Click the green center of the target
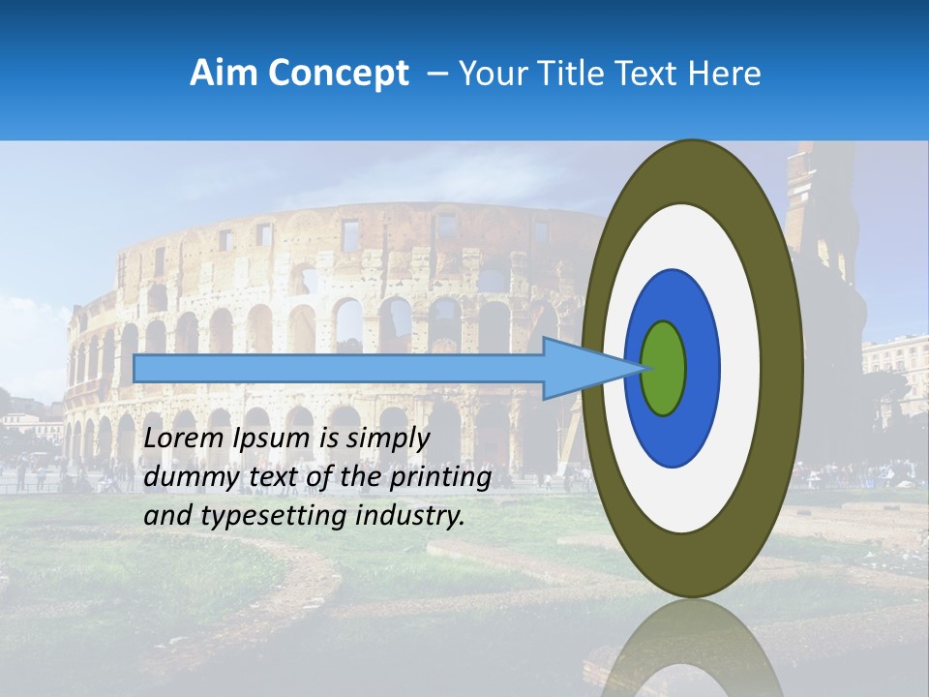664,368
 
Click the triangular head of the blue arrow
581,368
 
